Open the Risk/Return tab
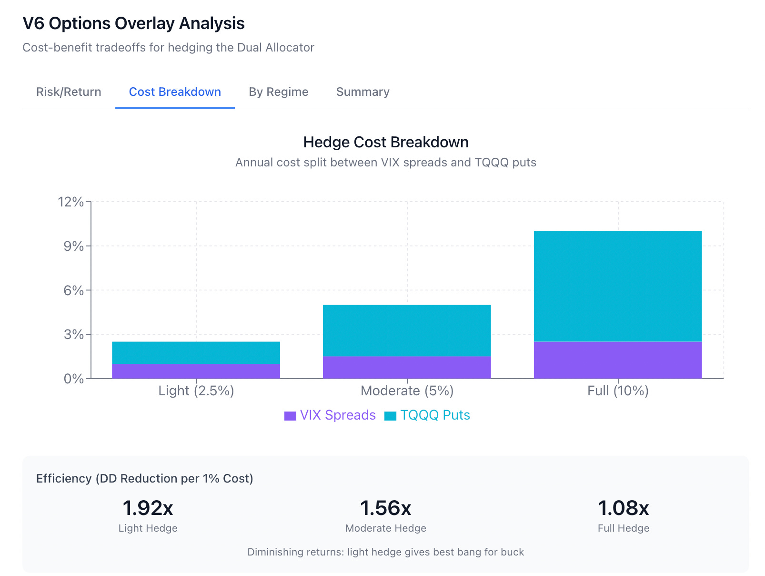click(68, 92)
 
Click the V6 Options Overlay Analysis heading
click(133, 23)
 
